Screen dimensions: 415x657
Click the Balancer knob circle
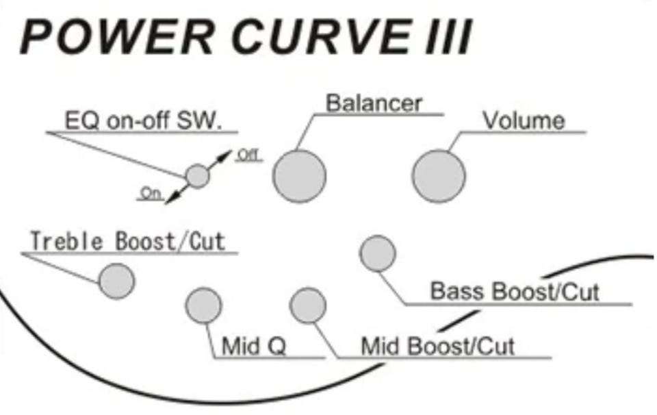click(x=299, y=176)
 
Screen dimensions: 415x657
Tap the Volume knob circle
click(x=439, y=176)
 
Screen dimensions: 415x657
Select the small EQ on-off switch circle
click(x=198, y=176)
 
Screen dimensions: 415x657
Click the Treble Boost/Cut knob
click(x=116, y=281)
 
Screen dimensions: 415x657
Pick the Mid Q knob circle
click(x=203, y=305)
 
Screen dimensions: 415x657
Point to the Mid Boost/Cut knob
click(x=308, y=305)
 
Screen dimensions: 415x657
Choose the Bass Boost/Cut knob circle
click(x=377, y=253)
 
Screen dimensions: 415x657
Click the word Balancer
click(x=374, y=103)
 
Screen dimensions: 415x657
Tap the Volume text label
click(x=524, y=121)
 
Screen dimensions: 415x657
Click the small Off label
click(x=248, y=155)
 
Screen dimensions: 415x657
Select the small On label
click(x=150, y=194)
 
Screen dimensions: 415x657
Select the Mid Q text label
click(x=254, y=347)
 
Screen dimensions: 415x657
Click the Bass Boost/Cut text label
click(x=515, y=291)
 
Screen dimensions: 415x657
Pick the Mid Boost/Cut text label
click(x=438, y=347)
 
